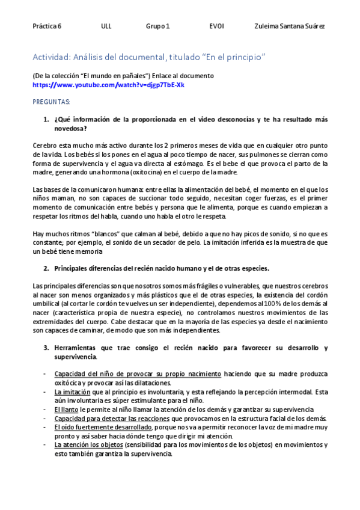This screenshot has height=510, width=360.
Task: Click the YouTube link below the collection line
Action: [108, 85]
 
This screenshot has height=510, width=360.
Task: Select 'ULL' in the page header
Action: [106, 26]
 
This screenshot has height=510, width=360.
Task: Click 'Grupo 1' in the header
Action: [157, 26]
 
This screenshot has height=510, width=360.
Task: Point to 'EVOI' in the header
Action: [216, 26]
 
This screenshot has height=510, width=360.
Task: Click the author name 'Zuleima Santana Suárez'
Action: [290, 26]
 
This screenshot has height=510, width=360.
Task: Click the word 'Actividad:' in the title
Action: [50, 57]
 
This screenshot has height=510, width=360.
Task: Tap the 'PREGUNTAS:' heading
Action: [51, 103]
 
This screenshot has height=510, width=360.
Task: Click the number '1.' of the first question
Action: [46, 120]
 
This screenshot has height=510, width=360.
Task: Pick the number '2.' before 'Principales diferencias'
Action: [46, 268]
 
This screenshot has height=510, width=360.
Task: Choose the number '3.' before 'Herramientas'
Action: [46, 348]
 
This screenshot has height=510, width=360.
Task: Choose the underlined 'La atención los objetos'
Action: [88, 445]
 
